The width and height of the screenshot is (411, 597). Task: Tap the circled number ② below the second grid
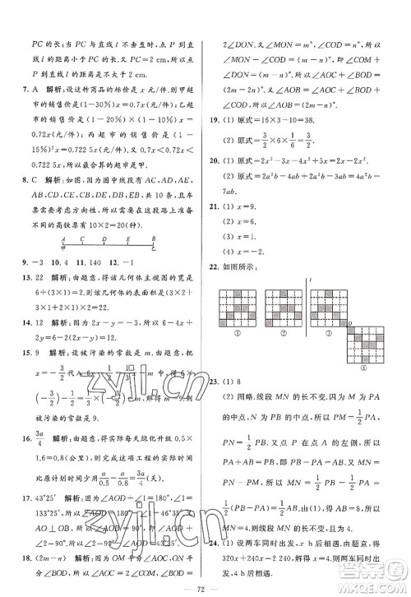click(279, 332)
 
